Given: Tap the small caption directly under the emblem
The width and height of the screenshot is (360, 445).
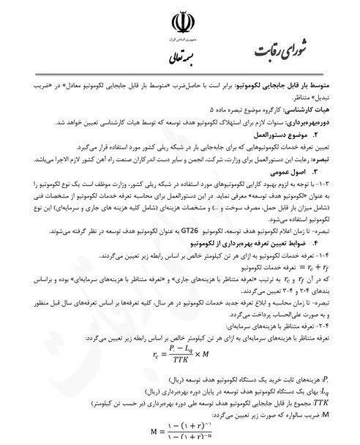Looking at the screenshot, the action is (181, 37).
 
